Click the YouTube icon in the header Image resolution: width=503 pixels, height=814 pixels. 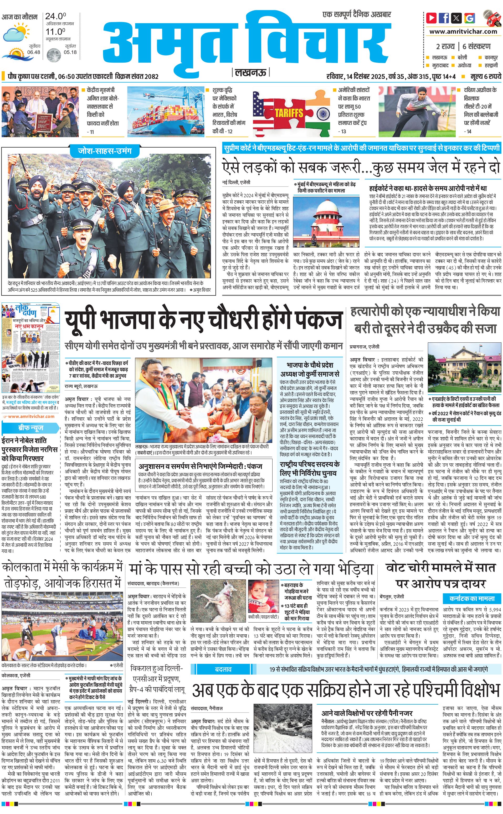click(432, 18)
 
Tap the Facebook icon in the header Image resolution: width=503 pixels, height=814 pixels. click(444, 18)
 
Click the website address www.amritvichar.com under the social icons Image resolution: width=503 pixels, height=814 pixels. click(463, 32)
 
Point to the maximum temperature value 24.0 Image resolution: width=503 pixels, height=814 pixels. click(55, 16)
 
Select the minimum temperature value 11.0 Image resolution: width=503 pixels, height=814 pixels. click(55, 32)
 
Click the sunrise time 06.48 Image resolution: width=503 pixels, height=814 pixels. click(34, 52)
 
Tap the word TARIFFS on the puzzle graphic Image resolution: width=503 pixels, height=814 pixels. click(289, 113)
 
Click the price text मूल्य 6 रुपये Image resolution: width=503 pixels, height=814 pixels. click(485, 76)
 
